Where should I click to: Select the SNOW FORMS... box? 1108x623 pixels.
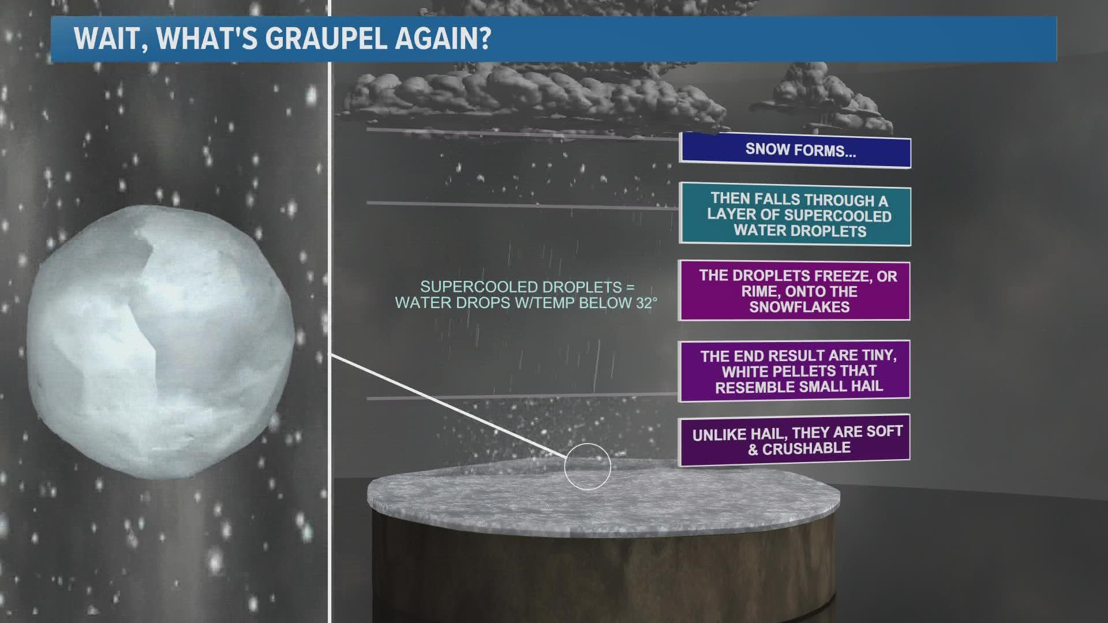[x=795, y=151]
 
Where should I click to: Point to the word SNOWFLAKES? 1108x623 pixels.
[x=799, y=307]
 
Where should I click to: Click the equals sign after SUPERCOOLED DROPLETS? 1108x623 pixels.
[x=631, y=287]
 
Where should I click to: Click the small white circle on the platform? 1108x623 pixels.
[x=587, y=467]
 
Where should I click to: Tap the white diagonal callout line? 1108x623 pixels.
[x=444, y=404]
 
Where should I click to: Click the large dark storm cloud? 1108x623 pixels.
[x=519, y=92]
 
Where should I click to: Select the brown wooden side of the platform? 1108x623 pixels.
[x=603, y=571]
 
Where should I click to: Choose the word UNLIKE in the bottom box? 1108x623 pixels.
[x=717, y=434]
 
